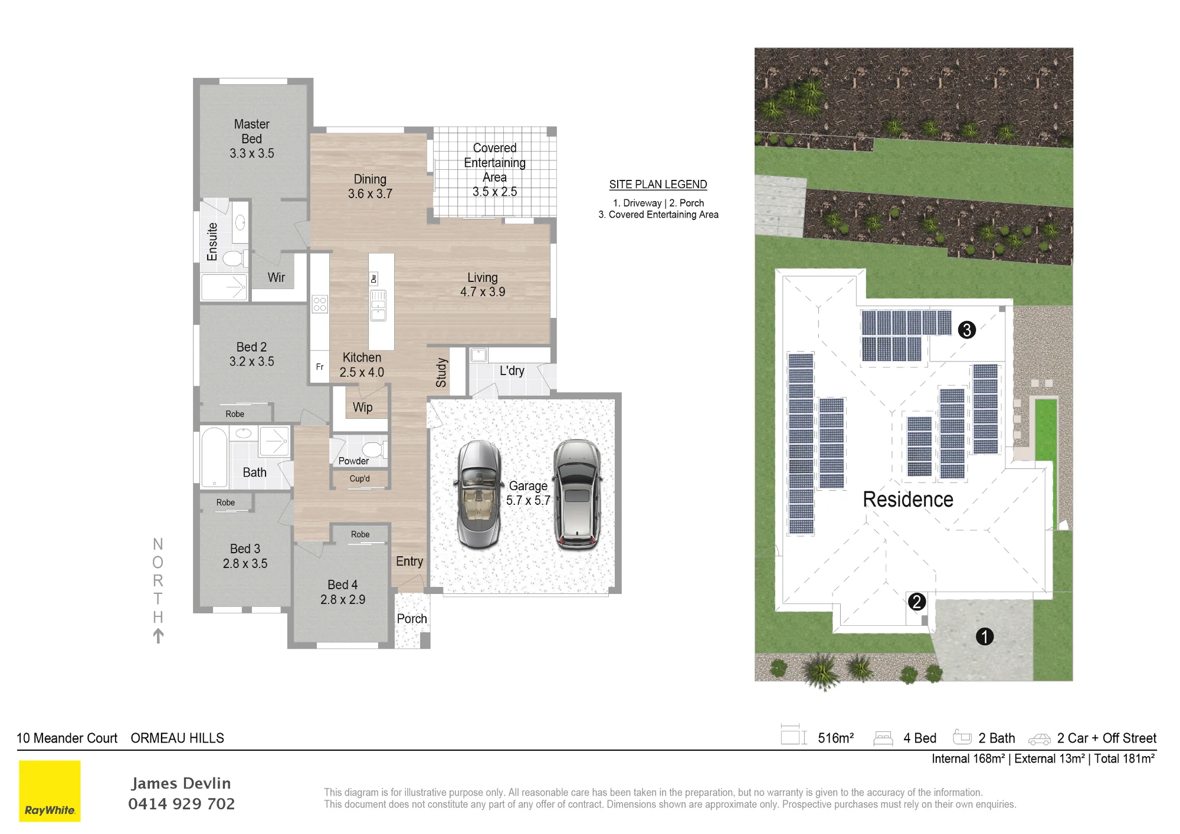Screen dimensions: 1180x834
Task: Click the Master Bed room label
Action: pyautogui.click(x=252, y=139)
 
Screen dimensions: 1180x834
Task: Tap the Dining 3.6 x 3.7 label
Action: pyautogui.click(x=370, y=186)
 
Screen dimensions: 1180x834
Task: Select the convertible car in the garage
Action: pyautogui.click(x=478, y=495)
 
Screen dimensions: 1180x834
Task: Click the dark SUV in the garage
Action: pyautogui.click(x=578, y=494)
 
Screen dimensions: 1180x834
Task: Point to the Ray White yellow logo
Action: pyautogui.click(x=50, y=791)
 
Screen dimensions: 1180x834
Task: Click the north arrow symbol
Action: pyautogui.click(x=158, y=636)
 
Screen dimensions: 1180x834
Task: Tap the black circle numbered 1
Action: pyautogui.click(x=985, y=636)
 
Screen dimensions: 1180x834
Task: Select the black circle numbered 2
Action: pyautogui.click(x=916, y=602)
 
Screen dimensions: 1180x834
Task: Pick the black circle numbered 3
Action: pyautogui.click(x=966, y=330)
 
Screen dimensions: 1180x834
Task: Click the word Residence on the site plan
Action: pyautogui.click(x=908, y=500)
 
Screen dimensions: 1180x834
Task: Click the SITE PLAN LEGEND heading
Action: pyautogui.click(x=658, y=185)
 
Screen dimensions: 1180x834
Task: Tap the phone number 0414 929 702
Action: pyautogui.click(x=182, y=804)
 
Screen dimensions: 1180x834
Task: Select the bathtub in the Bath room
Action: pyautogui.click(x=214, y=457)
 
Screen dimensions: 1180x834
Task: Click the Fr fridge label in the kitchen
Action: pyautogui.click(x=320, y=367)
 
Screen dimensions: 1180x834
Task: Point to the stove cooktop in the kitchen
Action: pyautogui.click(x=320, y=304)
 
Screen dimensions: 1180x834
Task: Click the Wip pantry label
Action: pyautogui.click(x=362, y=408)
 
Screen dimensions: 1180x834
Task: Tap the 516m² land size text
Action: pyautogui.click(x=835, y=738)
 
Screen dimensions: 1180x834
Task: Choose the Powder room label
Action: pyautogui.click(x=353, y=461)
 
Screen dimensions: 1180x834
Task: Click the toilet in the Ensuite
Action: pyautogui.click(x=234, y=258)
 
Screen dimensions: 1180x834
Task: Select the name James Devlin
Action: pyautogui.click(x=181, y=783)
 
